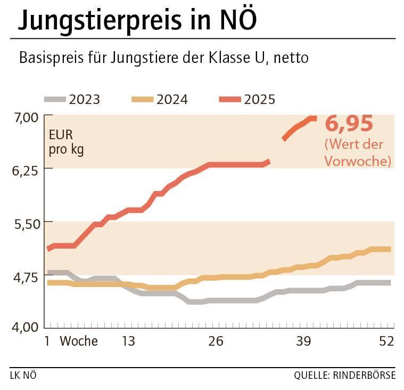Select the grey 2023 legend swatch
55,99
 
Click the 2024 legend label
172,99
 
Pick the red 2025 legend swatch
230,99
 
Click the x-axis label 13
128,341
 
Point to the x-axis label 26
216,341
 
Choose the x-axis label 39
303,341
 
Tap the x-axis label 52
386,341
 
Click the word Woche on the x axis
79,341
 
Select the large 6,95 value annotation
349,124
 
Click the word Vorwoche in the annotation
358,161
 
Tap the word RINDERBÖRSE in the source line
365,375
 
